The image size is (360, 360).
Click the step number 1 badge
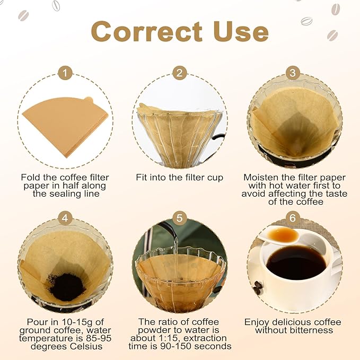(65, 73)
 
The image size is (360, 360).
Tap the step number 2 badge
(179, 73)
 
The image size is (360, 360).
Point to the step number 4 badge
(65, 217)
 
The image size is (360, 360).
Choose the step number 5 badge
(179, 217)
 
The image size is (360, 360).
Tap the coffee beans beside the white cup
(258, 288)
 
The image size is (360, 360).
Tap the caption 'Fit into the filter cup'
(179, 178)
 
